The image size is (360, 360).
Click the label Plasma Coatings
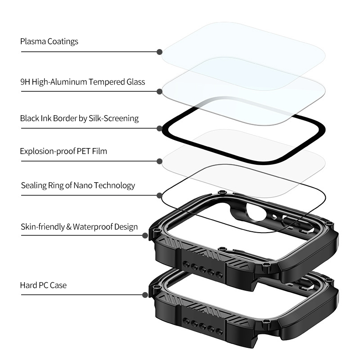pos(49,41)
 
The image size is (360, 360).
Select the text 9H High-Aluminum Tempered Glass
pos(83,82)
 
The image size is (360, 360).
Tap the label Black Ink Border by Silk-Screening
pos(79,118)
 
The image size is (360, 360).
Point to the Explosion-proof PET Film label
pos(63,151)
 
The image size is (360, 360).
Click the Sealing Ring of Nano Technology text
pos(78,185)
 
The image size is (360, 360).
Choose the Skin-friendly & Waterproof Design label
pos(79,227)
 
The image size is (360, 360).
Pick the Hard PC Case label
pos(43,285)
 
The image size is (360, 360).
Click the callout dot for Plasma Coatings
pos(160,52)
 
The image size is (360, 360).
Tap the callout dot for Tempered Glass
pos(160,92)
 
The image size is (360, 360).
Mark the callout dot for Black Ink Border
pos(160,128)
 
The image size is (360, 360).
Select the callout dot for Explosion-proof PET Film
pos(160,162)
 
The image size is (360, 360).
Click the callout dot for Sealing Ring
pos(160,195)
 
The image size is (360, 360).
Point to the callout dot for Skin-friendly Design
pos(145,235)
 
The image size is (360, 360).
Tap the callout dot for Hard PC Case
pos(145,295)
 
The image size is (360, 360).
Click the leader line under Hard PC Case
pos(81,295)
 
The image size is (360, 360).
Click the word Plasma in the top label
pos(33,41)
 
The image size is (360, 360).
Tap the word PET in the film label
pos(84,151)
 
